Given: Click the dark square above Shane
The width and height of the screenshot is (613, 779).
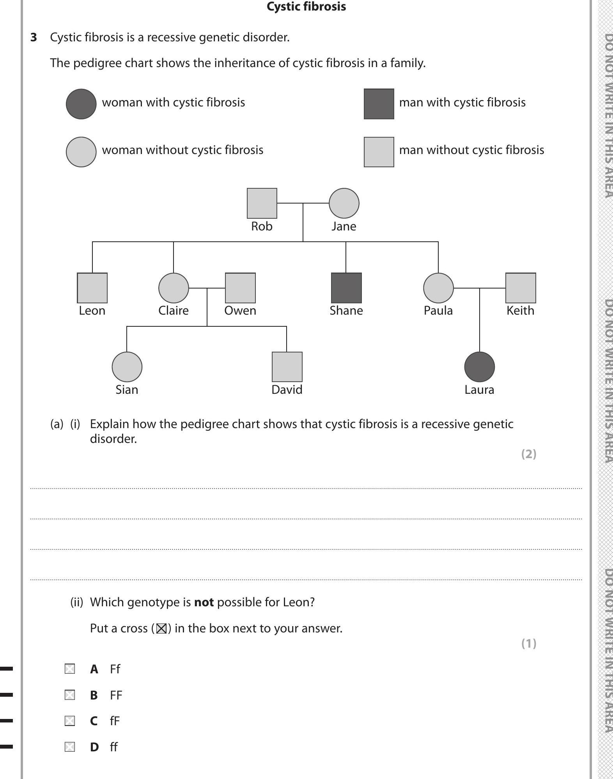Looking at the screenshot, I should click(x=346, y=288).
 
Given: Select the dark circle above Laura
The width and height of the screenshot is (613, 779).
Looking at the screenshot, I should click(x=479, y=367).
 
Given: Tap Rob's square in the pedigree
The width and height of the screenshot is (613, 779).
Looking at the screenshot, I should click(x=262, y=203).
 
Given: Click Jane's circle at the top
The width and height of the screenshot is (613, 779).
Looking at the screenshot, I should click(x=344, y=203).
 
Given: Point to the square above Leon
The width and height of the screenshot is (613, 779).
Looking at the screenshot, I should click(x=92, y=288).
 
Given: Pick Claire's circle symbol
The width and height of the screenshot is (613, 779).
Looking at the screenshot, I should click(x=174, y=288).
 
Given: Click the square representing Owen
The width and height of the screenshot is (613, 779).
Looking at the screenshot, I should click(x=240, y=288).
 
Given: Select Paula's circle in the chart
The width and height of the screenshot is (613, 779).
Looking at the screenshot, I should click(x=438, y=288).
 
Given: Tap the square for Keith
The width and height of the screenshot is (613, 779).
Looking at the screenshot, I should click(x=521, y=288).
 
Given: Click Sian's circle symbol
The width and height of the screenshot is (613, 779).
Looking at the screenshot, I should click(x=127, y=367).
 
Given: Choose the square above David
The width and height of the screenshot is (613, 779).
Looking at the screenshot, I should click(x=287, y=367).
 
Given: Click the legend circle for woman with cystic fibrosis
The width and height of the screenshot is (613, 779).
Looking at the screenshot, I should click(x=81, y=104).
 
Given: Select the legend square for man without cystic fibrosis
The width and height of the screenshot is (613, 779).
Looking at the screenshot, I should click(x=379, y=152).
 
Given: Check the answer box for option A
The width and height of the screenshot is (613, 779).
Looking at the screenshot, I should click(x=70, y=669).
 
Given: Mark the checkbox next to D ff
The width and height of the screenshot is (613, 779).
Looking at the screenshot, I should click(x=70, y=747).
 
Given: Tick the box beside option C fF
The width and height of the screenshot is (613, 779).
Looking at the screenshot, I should click(x=70, y=721).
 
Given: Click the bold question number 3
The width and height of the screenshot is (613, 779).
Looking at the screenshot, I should click(x=34, y=37).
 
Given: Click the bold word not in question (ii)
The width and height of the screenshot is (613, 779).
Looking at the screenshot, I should click(x=204, y=602).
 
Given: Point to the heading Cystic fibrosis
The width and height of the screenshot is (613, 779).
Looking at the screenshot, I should click(x=306, y=7).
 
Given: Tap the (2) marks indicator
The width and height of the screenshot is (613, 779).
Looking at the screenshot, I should click(x=529, y=454).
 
